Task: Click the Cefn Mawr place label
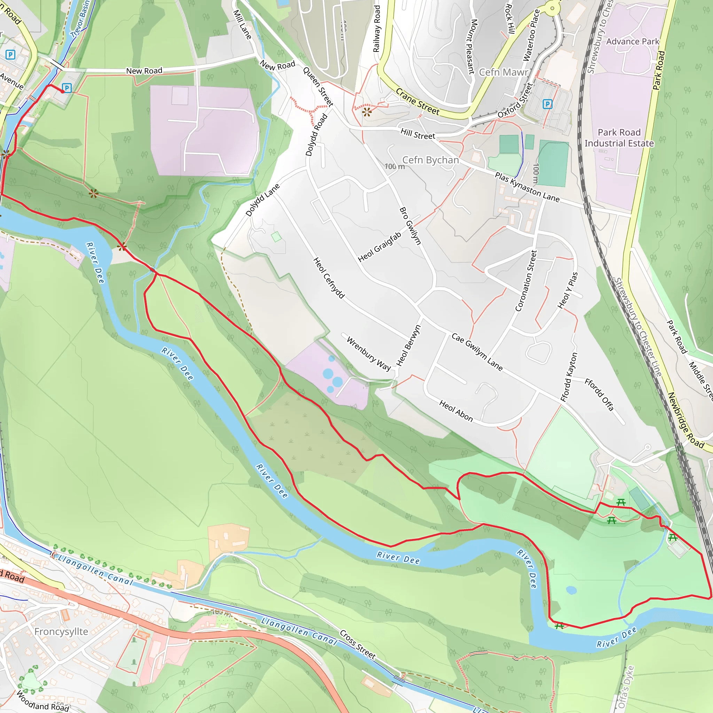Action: click(504, 72)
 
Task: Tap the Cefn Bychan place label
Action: click(430, 160)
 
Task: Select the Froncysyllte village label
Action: click(61, 632)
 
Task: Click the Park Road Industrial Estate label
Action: click(619, 138)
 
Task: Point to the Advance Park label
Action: click(632, 42)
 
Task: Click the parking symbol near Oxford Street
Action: click(547, 104)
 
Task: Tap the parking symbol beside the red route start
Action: click(67, 88)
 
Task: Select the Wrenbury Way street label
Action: click(368, 354)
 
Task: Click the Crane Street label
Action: click(417, 102)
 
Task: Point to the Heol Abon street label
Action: click(456, 411)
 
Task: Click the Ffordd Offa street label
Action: click(599, 394)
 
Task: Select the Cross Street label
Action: click(357, 644)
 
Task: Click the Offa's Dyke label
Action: click(626, 687)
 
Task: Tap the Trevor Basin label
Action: click(80, 18)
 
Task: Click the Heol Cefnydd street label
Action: click(328, 278)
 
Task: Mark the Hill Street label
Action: click(418, 134)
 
